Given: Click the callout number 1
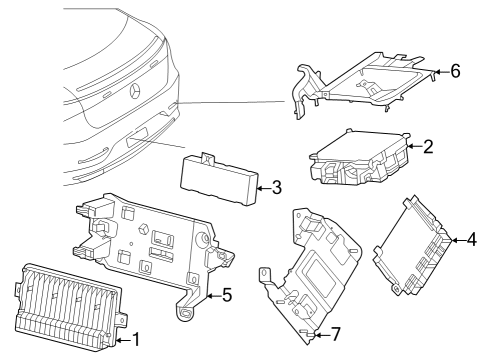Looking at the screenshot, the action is [x=136, y=340].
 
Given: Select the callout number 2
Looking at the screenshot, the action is [x=428, y=147].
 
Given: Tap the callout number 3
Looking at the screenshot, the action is [x=277, y=188].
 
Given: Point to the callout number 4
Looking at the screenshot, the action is [x=472, y=240].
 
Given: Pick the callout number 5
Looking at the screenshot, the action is [x=227, y=295].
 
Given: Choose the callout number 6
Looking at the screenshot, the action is [x=455, y=71].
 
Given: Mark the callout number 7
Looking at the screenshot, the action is [x=335, y=334].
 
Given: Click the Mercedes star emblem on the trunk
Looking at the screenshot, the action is [x=135, y=91].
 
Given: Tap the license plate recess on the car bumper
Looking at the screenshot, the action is [x=137, y=137].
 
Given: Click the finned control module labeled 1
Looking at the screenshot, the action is [x=68, y=308].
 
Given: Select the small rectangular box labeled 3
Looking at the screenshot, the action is [x=219, y=180].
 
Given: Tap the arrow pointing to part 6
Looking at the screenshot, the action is [x=442, y=71].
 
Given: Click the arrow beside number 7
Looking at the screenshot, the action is [x=322, y=334].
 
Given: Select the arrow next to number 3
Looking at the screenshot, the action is [x=265, y=188].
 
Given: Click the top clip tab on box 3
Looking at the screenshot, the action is [x=208, y=158].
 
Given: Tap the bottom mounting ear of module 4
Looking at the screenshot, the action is [x=396, y=289].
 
